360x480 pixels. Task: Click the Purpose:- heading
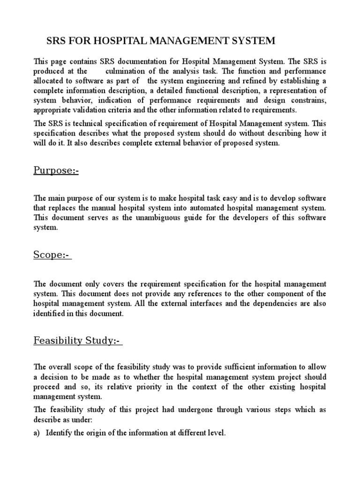tap(56, 170)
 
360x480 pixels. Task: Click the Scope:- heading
tap(52, 255)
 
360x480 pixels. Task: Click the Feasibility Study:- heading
tap(77, 340)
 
